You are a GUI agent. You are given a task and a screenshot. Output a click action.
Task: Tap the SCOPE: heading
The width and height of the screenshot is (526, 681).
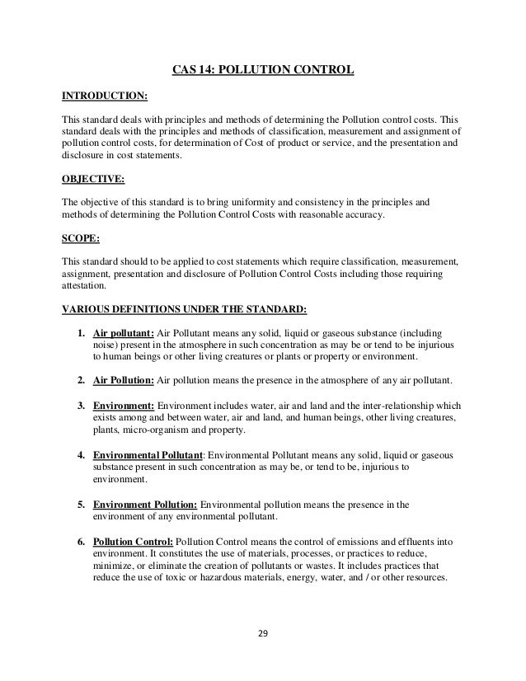pyautogui.click(x=82, y=238)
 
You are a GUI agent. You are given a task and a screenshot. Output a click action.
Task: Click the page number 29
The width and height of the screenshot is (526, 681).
pyautogui.click(x=262, y=636)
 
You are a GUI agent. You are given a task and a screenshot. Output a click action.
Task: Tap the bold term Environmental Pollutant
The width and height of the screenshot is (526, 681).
pyautogui.click(x=149, y=454)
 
